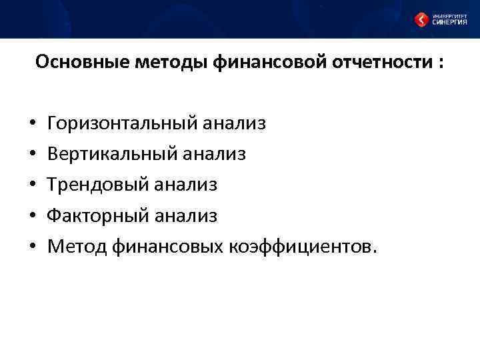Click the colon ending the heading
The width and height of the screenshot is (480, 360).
(x=441, y=64)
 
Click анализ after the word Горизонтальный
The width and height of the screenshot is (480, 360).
(x=234, y=124)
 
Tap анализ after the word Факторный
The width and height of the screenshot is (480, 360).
(x=186, y=216)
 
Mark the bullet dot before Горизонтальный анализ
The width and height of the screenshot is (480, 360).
(x=33, y=125)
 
